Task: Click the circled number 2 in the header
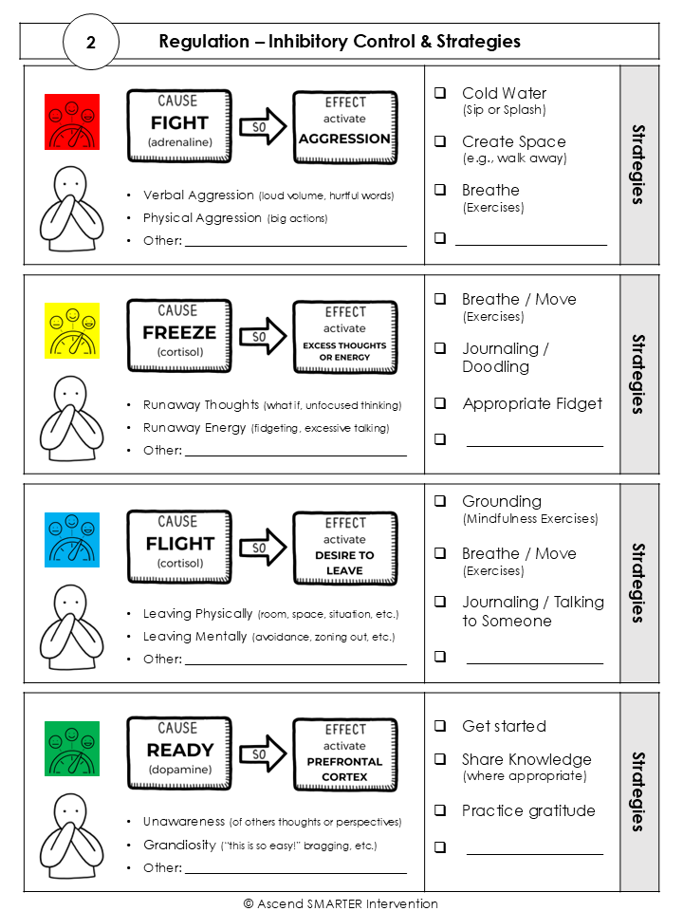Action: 90,43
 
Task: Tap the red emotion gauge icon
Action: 72,121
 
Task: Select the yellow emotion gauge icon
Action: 72,330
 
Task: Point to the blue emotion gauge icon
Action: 72,540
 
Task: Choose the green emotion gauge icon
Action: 72,748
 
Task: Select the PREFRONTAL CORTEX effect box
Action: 344,753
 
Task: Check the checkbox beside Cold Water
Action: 440,93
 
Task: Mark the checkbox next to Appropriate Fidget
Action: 440,403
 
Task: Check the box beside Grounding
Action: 440,501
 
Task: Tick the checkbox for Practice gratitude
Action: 440,809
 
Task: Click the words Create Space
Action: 513,141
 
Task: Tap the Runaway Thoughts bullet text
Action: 188,405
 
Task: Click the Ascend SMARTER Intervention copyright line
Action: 341,903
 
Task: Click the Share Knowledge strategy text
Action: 526,759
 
